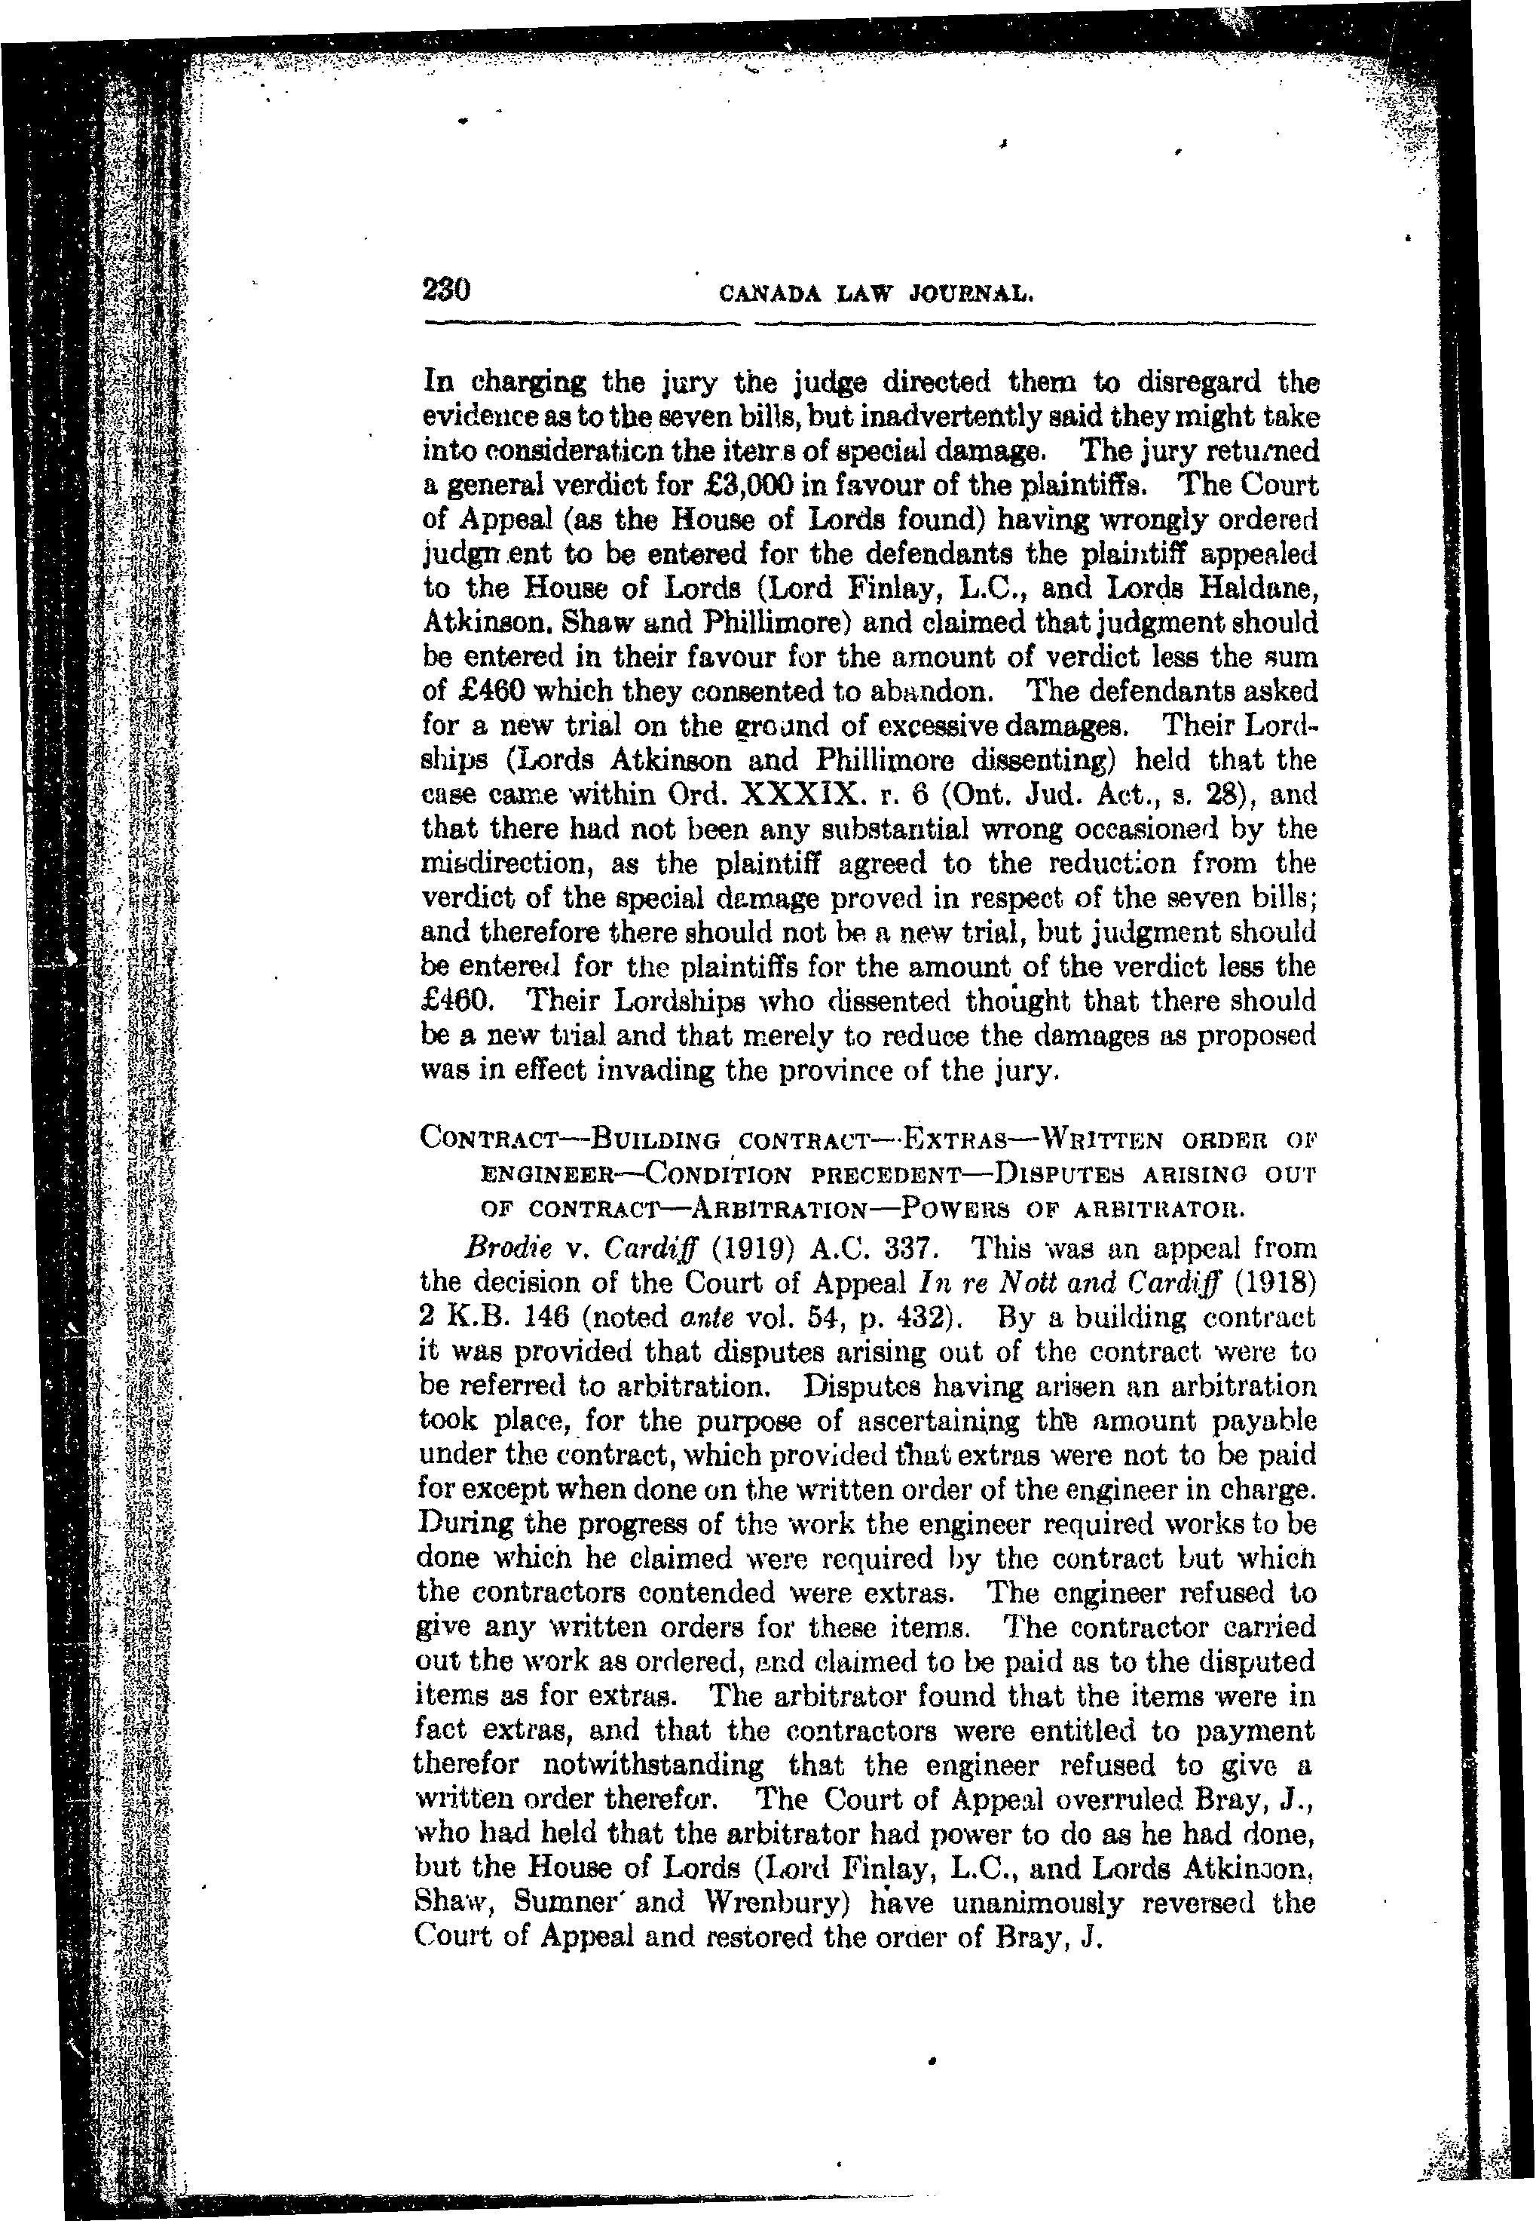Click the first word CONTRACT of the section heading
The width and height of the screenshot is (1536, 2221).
(486, 1141)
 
